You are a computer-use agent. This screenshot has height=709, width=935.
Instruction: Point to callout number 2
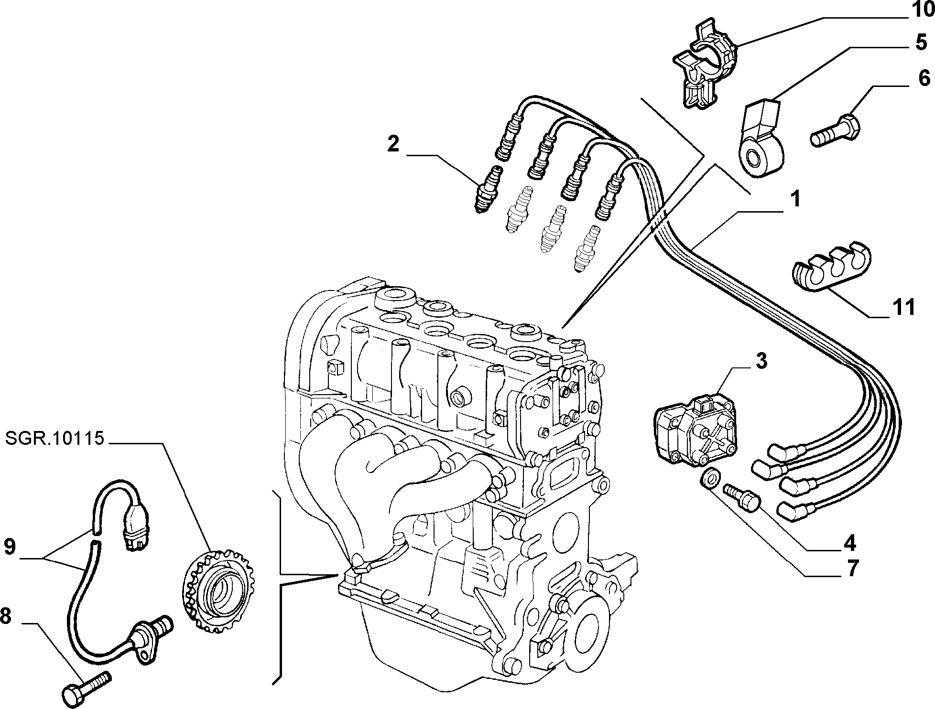(393, 144)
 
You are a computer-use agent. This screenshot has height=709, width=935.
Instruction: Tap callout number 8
(5, 617)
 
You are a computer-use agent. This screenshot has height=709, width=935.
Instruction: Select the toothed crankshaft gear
(219, 591)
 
